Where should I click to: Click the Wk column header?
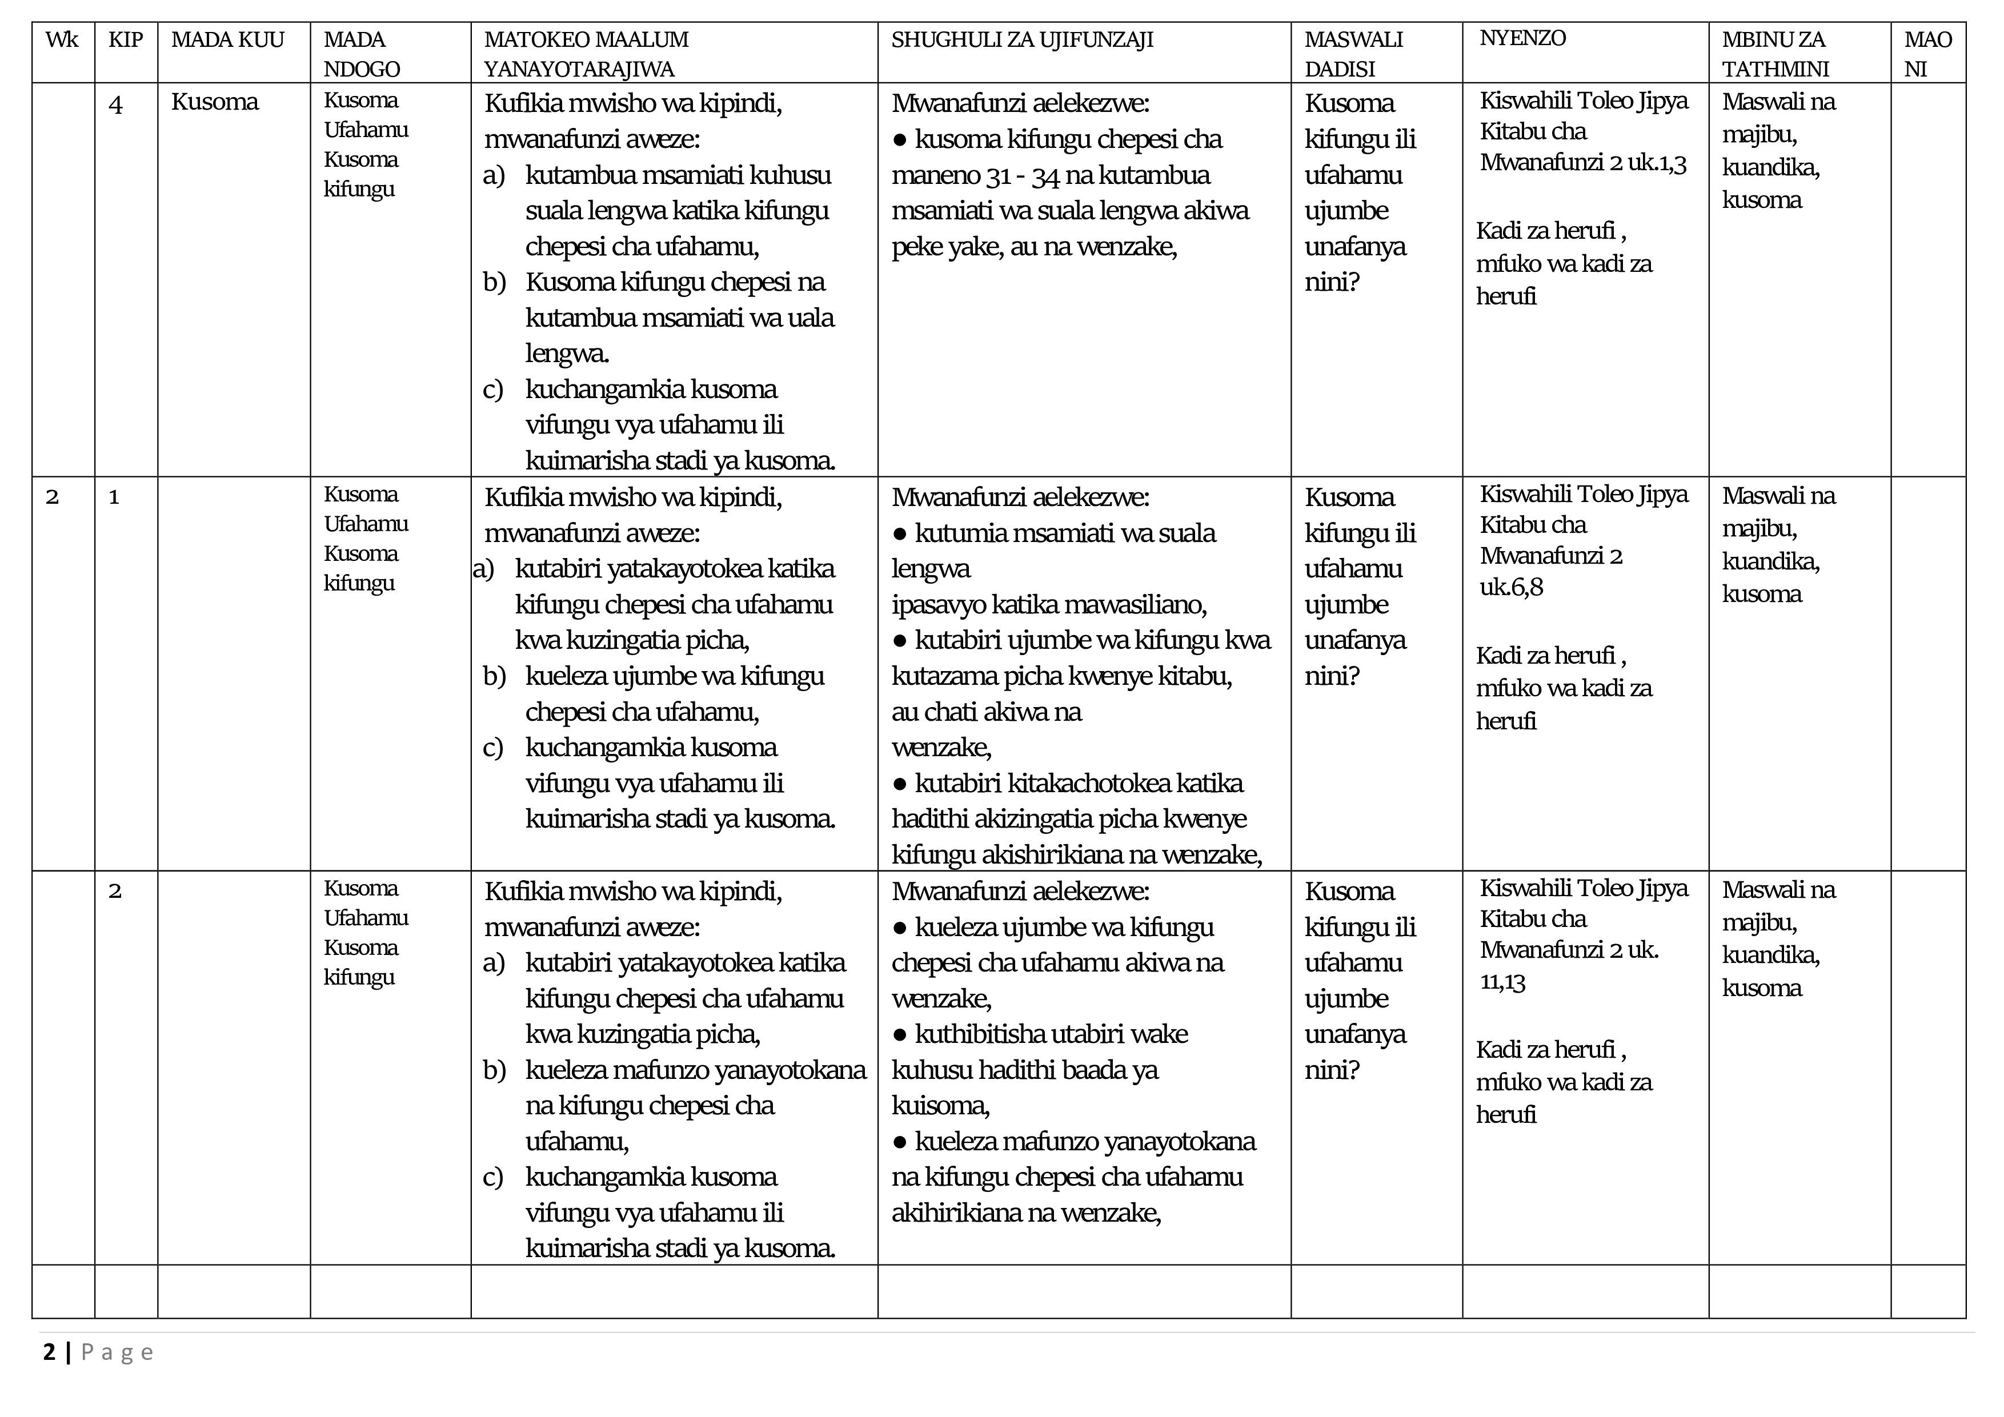point(61,40)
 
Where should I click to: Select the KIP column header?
point(126,40)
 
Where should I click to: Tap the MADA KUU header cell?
point(228,40)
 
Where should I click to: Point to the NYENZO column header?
point(1522,38)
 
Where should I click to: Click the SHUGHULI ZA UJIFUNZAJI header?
point(1022,40)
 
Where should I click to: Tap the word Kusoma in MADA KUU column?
point(215,102)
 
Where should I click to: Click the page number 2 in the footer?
point(49,1352)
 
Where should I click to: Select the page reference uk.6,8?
point(1511,587)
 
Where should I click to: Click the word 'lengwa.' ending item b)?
point(567,354)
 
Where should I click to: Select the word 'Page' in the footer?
point(117,1352)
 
